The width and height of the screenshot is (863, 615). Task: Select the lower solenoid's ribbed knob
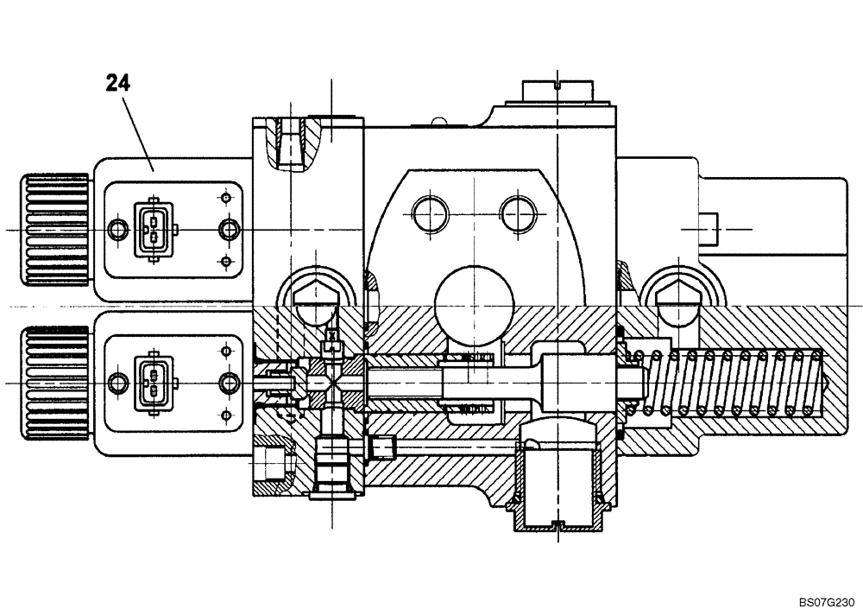54,381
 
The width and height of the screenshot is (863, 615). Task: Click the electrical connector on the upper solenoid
152,229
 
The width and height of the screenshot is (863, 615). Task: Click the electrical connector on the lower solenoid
152,382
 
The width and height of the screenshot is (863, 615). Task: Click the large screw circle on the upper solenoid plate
229,229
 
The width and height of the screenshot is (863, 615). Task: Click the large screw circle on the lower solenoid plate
229,382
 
